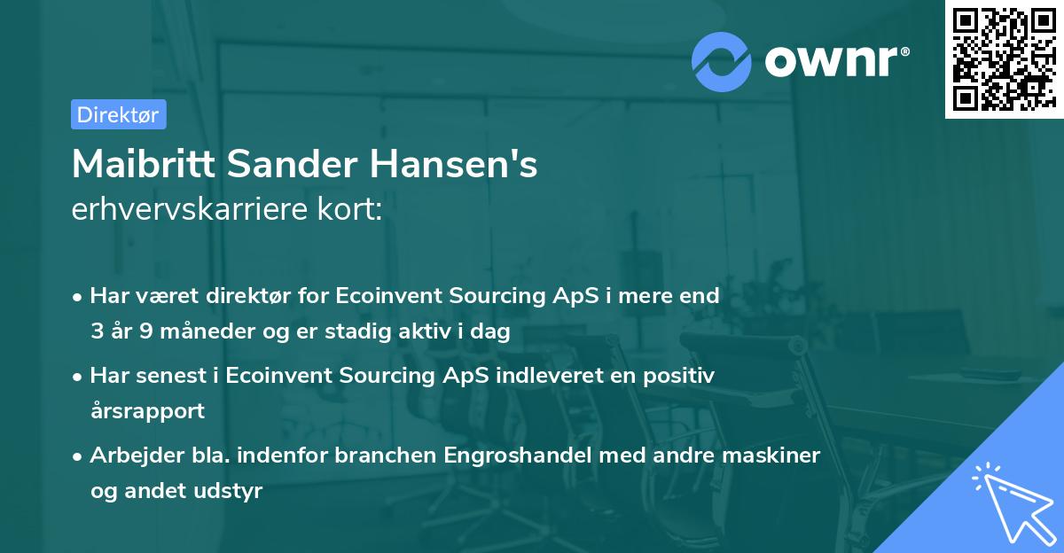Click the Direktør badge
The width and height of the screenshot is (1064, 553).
[118, 114]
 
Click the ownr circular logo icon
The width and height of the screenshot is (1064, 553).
[722, 60]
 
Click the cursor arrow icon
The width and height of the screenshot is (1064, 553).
[1011, 504]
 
